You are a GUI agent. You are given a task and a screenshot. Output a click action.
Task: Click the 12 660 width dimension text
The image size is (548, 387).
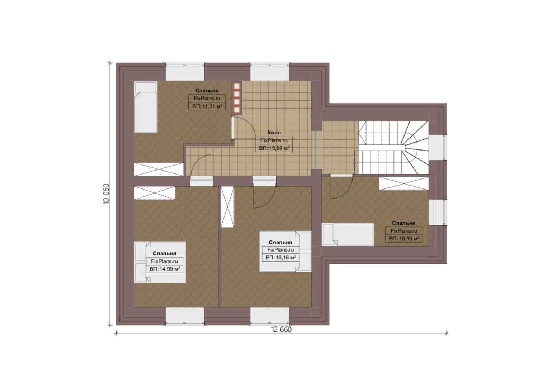pos(281,330)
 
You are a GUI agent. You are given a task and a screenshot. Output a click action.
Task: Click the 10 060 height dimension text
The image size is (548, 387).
pos(106,194)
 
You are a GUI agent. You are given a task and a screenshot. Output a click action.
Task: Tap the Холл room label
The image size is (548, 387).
pos(274,133)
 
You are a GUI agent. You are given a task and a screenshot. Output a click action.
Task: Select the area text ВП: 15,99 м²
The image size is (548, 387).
pos(274,148)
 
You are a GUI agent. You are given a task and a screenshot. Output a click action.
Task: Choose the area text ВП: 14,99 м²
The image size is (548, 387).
pos(165,269)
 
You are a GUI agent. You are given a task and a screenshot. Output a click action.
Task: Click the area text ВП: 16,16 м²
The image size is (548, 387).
pos(281,257)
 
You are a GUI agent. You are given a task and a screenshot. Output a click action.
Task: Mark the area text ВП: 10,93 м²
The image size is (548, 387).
pos(404,238)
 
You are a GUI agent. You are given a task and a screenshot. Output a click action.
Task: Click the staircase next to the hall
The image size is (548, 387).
pos(393,148)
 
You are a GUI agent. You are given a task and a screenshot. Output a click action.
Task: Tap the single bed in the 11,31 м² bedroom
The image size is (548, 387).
pos(146,107)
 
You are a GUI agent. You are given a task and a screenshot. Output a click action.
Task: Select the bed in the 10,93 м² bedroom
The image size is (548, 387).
pos(348,234)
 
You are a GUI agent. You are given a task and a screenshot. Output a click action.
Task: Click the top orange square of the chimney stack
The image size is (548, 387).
pos(237,86)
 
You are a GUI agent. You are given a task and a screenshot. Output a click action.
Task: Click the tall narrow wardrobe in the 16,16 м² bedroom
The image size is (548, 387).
pos(227,207)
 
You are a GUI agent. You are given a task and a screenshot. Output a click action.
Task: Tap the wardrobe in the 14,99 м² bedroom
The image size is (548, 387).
pos(155,193)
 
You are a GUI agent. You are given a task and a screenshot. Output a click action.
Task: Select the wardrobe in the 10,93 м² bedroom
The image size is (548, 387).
pos(404,183)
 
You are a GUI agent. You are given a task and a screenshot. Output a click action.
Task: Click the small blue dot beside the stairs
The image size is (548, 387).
pos(354,162)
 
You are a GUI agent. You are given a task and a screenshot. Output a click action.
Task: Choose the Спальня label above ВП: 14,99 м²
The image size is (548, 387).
pos(164,253)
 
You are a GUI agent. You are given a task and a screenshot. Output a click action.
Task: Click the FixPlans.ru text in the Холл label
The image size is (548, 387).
pos(274,140)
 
